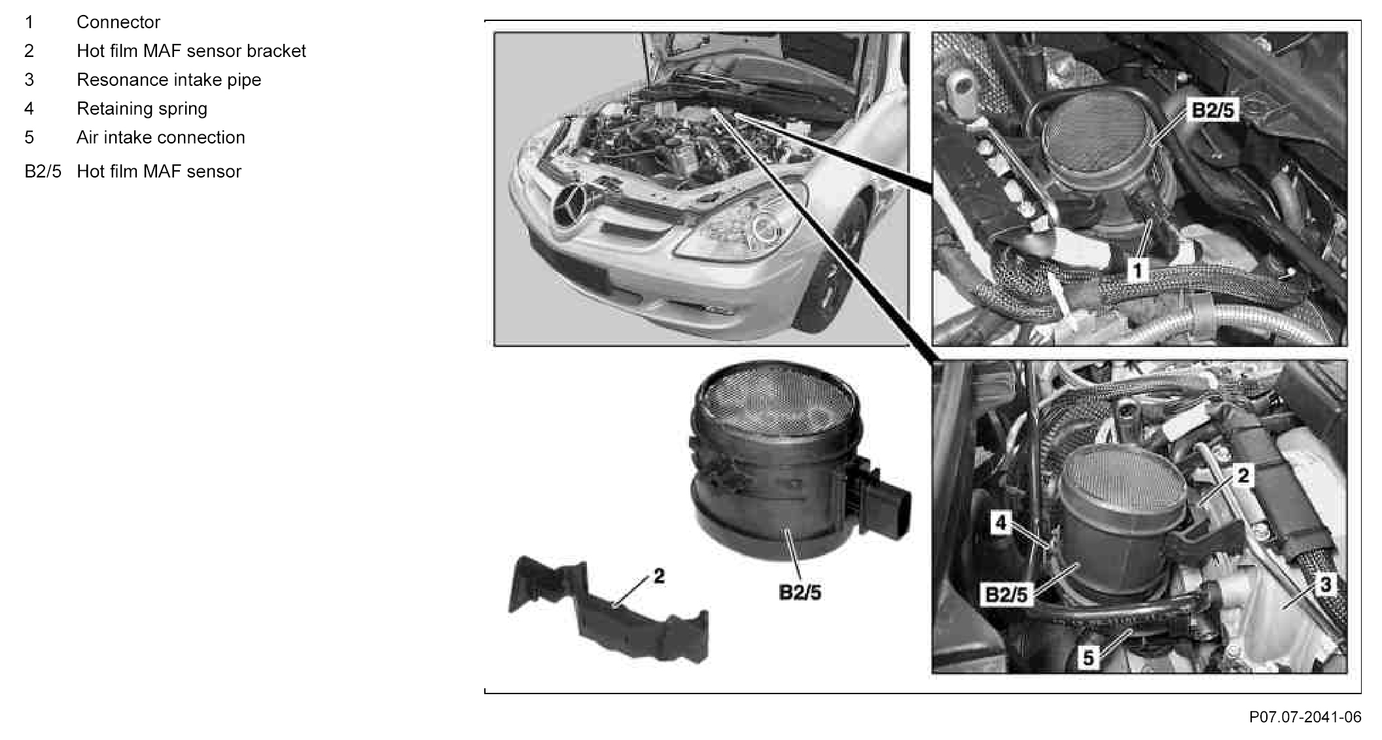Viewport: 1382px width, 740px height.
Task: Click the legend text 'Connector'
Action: (x=118, y=22)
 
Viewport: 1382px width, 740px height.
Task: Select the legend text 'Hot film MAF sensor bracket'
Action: (x=191, y=51)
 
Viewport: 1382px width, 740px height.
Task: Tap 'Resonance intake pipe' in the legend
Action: (x=169, y=80)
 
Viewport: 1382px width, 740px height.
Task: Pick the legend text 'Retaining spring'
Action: (x=142, y=109)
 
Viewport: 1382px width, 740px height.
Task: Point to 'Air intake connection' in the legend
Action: (x=161, y=138)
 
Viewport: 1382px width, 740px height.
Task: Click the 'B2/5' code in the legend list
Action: (x=43, y=172)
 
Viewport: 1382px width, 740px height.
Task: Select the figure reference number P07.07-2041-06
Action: (x=1305, y=717)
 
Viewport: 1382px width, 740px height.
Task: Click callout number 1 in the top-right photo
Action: (x=1139, y=269)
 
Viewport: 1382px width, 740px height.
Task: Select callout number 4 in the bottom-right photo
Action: (x=1001, y=523)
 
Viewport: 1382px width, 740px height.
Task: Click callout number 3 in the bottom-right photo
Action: (x=1325, y=583)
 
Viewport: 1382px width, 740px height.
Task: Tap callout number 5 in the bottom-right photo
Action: (x=1088, y=657)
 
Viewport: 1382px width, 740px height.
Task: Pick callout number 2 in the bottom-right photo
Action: (x=1243, y=475)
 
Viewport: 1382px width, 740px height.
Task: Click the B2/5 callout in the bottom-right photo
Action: (x=1006, y=595)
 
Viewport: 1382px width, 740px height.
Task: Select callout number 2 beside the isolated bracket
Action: (x=659, y=576)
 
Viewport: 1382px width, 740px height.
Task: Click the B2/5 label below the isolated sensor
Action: (x=800, y=593)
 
